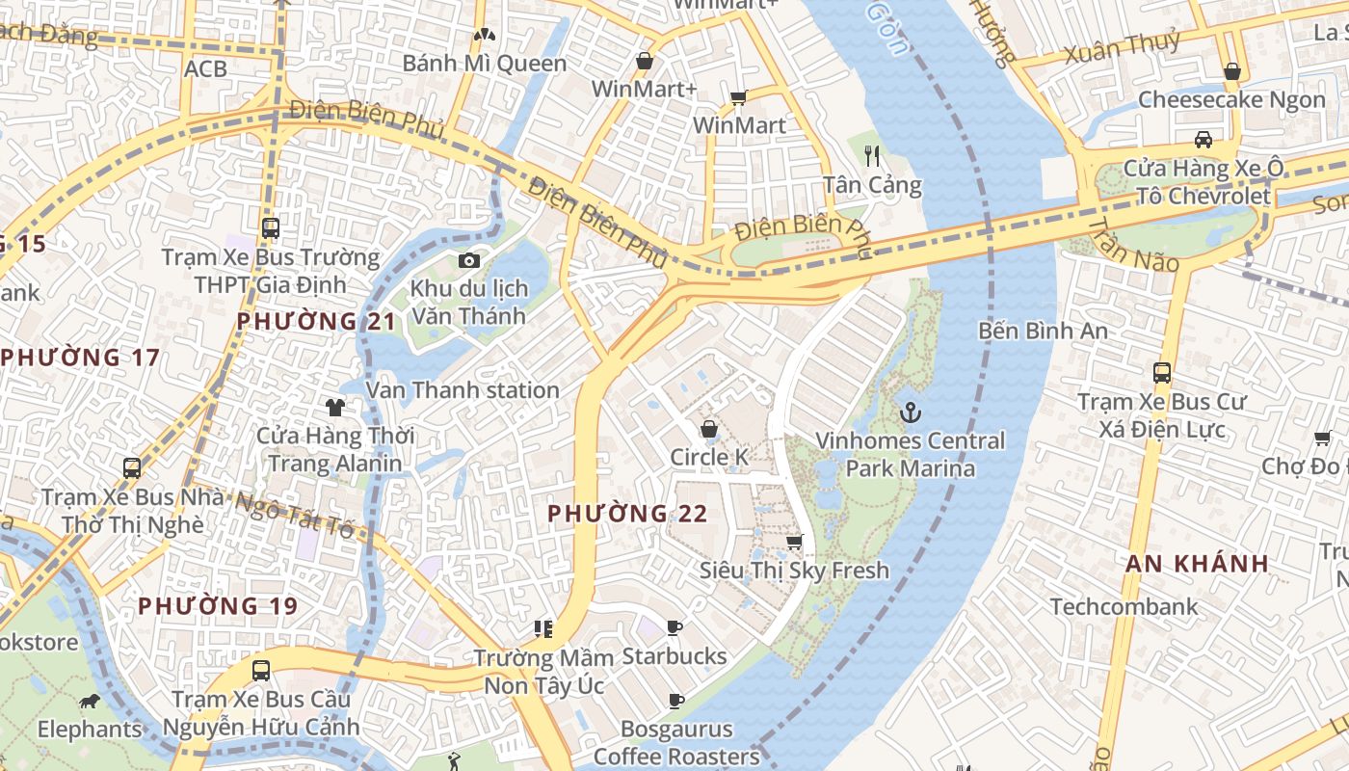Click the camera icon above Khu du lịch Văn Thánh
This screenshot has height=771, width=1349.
[x=469, y=260]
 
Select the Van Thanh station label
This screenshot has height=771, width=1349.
[x=463, y=390]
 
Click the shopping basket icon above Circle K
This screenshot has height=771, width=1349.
[x=709, y=429]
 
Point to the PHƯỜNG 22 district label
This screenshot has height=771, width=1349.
[x=627, y=514]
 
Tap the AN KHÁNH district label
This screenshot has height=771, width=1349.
[x=1197, y=564]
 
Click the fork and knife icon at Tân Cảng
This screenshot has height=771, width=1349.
[x=872, y=155]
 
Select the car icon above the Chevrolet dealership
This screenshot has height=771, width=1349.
[x=1204, y=140]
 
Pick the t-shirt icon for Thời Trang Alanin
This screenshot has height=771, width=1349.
[x=334, y=408]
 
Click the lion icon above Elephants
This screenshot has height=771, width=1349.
[x=90, y=701]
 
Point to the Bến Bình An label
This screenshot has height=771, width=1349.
[x=1043, y=331]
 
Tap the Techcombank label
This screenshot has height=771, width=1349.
[x=1124, y=607]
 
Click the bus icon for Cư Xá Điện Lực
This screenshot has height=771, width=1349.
[x=1162, y=372]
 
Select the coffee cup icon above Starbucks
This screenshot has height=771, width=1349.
[x=674, y=628]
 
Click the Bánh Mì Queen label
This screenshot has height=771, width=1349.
[x=484, y=64]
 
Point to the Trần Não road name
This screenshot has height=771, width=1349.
[x=1133, y=245]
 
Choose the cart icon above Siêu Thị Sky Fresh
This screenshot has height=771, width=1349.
[x=794, y=543]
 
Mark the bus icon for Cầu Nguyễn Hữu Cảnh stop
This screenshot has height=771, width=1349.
[x=260, y=671]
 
